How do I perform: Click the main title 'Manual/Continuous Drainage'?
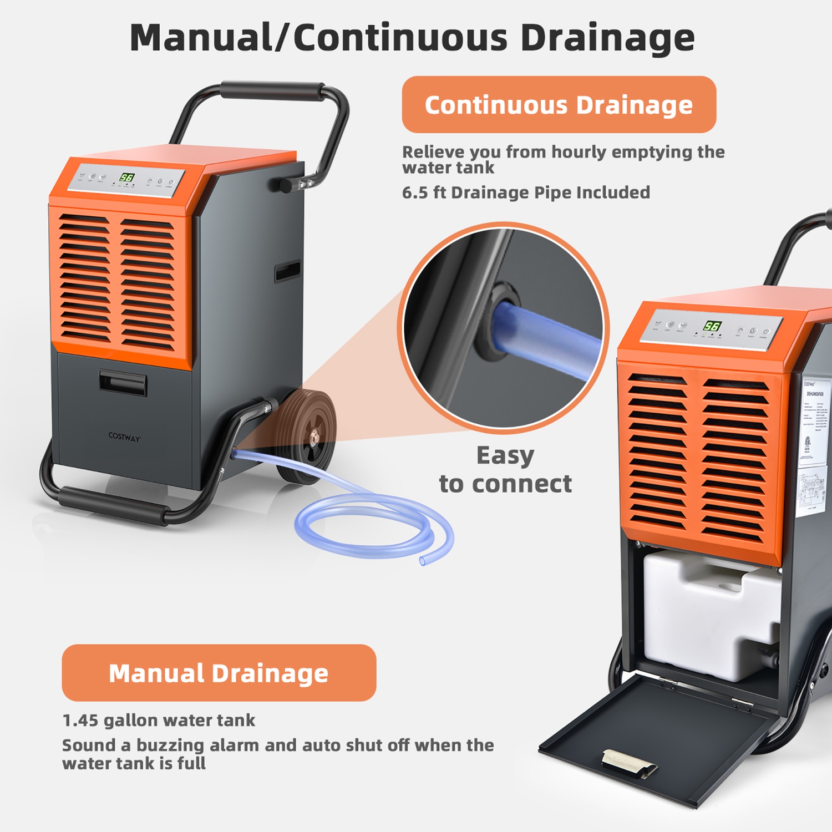click(412, 38)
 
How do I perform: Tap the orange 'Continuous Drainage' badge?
click(559, 105)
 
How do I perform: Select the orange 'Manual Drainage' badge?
click(219, 673)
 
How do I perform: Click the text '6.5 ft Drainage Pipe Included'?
click(525, 192)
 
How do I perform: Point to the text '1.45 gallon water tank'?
click(159, 720)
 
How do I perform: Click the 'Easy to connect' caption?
click(505, 470)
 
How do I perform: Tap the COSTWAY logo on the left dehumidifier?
click(124, 437)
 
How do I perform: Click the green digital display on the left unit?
click(127, 177)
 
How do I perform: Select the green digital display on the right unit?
click(712, 326)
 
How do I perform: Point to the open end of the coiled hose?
click(423, 561)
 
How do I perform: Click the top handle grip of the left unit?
click(272, 91)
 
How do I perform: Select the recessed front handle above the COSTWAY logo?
click(123, 383)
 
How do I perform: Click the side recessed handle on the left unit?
click(287, 272)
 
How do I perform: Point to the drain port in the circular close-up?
click(499, 322)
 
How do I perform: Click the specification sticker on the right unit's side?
click(814, 444)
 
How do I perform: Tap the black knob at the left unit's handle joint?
click(285, 185)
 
